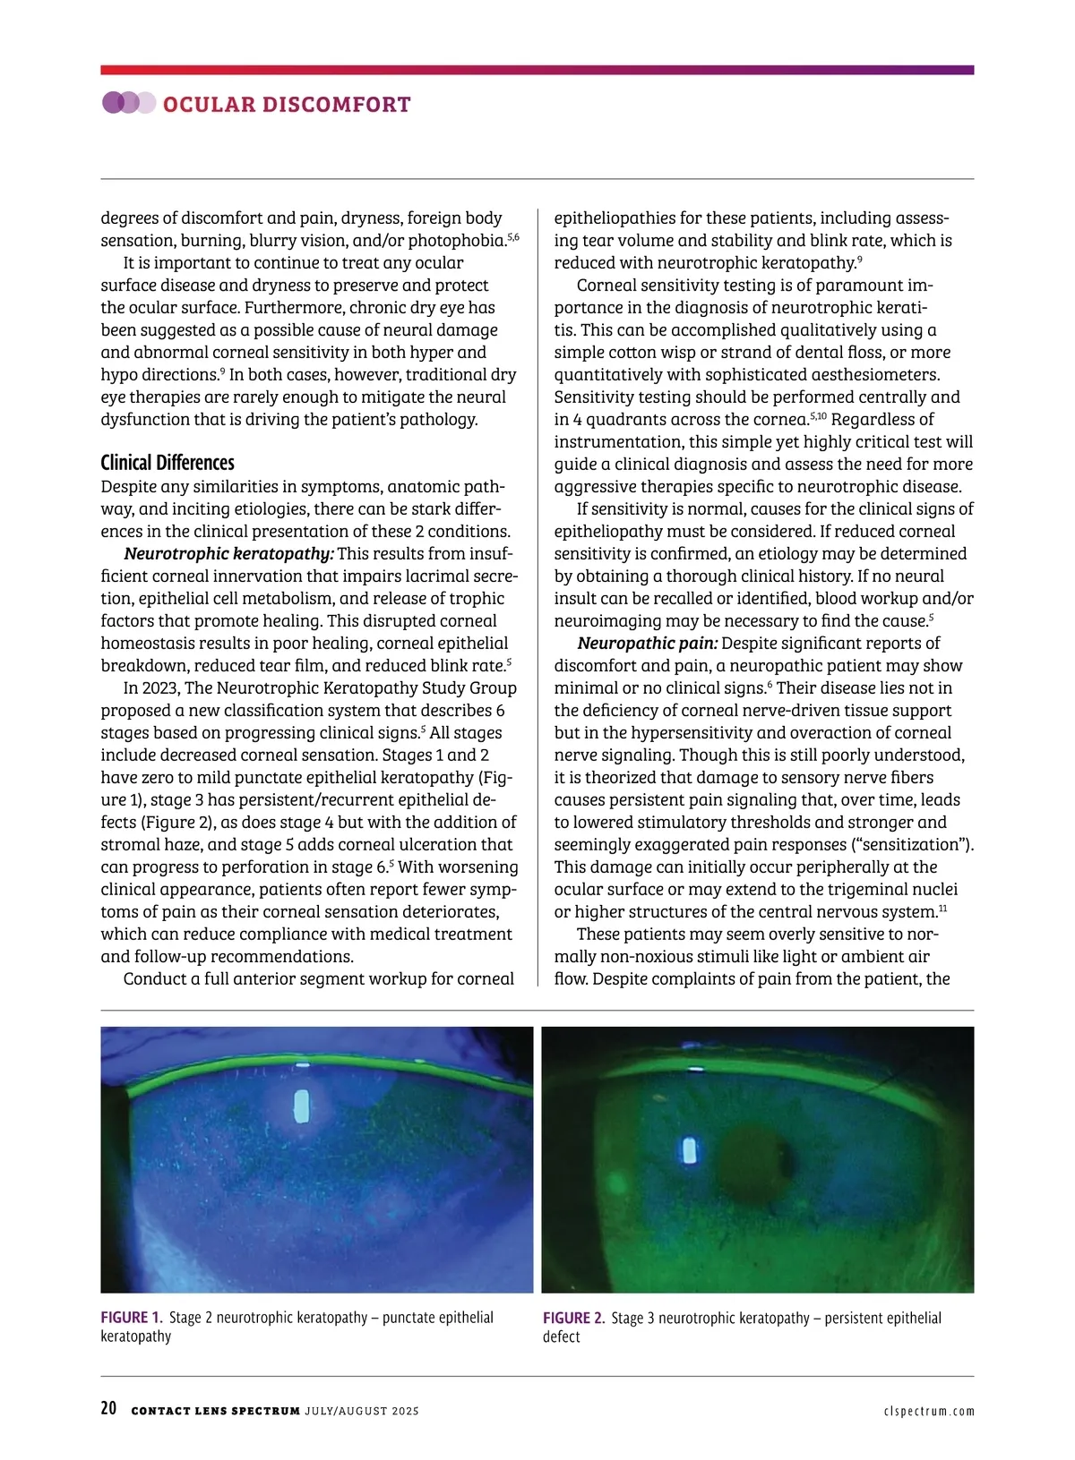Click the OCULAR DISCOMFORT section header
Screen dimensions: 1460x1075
(x=287, y=105)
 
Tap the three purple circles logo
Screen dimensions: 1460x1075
(x=128, y=103)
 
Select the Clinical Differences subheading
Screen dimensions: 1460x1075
(x=168, y=463)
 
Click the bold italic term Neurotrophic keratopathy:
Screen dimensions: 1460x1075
(x=228, y=553)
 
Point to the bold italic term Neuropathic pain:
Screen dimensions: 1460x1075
(x=647, y=643)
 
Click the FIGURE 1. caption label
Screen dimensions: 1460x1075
(x=131, y=1318)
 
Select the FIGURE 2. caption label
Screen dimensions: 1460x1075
(x=573, y=1318)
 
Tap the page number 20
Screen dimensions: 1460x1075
(x=108, y=1408)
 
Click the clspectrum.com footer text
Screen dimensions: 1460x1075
(x=928, y=1412)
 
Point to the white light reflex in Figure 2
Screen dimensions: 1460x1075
(x=690, y=1149)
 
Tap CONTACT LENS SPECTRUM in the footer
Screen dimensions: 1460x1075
(x=215, y=1412)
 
